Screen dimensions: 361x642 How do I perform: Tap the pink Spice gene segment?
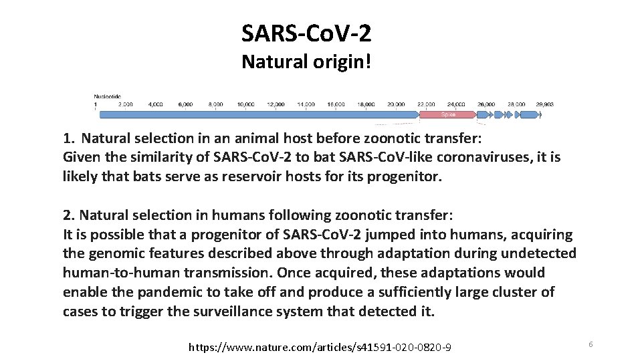447,115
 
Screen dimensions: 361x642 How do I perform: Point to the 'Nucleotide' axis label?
107,96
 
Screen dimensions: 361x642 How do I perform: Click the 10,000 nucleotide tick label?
245,104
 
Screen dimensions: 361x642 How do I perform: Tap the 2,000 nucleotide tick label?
125,104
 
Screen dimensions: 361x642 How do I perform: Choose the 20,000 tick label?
396,104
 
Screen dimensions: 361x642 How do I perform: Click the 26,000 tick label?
486,104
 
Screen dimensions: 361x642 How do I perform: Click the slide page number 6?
591,344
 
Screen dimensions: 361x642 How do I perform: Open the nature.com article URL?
320,347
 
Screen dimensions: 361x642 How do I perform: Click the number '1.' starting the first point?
68,139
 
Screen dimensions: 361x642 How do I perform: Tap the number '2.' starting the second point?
68,216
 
